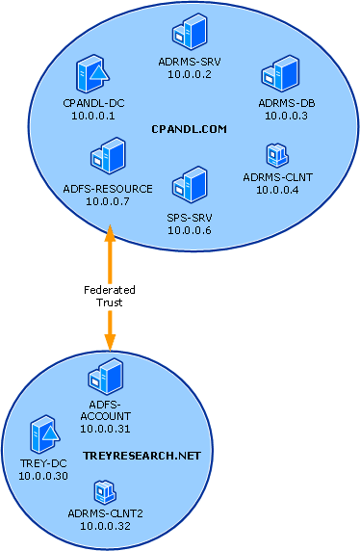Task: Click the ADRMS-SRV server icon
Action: [190, 32]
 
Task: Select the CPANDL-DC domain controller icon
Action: [92, 74]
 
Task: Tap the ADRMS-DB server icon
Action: [280, 73]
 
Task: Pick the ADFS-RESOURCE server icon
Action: [108, 156]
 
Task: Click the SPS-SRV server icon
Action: [190, 185]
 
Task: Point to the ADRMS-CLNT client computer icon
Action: [277, 155]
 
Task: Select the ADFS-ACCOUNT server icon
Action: [105, 377]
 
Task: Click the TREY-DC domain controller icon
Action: [44, 434]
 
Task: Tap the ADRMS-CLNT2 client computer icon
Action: [105, 492]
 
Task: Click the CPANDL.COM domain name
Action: [190, 129]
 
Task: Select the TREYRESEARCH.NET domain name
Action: [141, 456]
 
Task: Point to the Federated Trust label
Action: [110, 297]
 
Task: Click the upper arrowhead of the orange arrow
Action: [110, 233]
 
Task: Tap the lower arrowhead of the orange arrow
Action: [110, 343]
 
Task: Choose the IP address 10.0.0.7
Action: [108, 201]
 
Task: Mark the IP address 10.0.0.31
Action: [105, 429]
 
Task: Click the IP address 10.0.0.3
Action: [286, 116]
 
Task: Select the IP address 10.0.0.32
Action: [105, 526]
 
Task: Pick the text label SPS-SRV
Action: [190, 219]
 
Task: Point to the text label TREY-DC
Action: [43, 463]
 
